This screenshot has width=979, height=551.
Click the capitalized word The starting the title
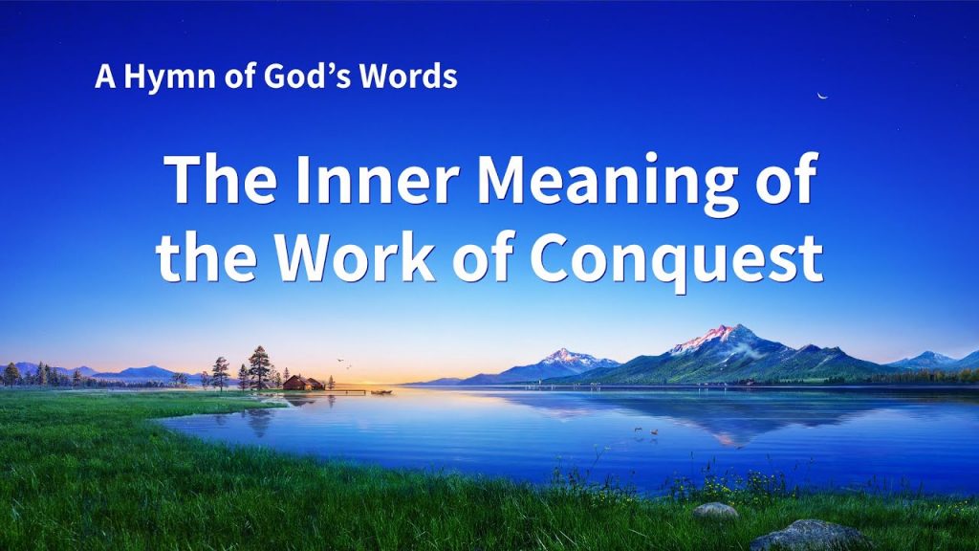221,179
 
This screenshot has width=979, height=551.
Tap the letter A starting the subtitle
105,77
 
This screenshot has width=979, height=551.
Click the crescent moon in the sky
822,96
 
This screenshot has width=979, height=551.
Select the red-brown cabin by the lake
303,383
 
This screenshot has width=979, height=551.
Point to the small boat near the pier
381,391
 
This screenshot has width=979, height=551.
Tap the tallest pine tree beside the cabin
259,368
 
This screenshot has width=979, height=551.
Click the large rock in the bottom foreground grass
810,536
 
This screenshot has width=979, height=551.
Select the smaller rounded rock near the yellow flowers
715,511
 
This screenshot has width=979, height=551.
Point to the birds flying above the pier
344,363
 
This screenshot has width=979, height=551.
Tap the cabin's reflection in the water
304,401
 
